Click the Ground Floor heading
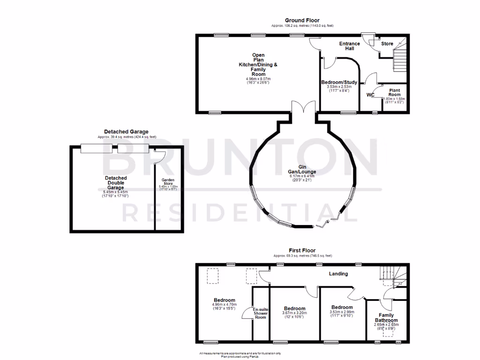pos(302,21)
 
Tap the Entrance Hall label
pos(350,46)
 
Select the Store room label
pos(387,44)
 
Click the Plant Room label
pos(394,92)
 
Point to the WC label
pos(370,95)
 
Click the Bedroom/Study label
pos(339,82)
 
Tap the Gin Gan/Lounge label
pos(302,169)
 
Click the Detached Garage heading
pos(126,132)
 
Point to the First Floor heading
pos(302,251)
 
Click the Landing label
pos(338,274)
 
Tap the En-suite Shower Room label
pos(261,313)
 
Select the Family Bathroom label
pos(387,318)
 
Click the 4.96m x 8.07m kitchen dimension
pos(258,79)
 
